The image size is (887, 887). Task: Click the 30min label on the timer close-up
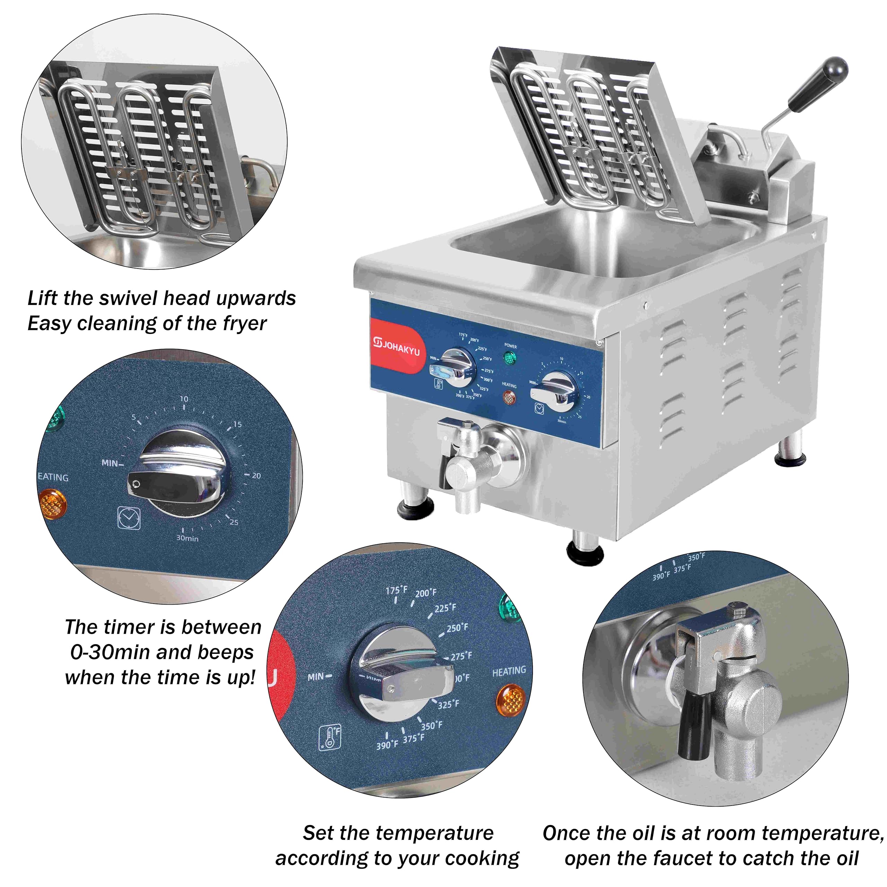tap(187, 538)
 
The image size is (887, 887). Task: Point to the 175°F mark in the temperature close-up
tap(397, 590)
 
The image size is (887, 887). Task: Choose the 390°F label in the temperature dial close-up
tap(387, 745)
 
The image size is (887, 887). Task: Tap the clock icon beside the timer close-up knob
tap(129, 518)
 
